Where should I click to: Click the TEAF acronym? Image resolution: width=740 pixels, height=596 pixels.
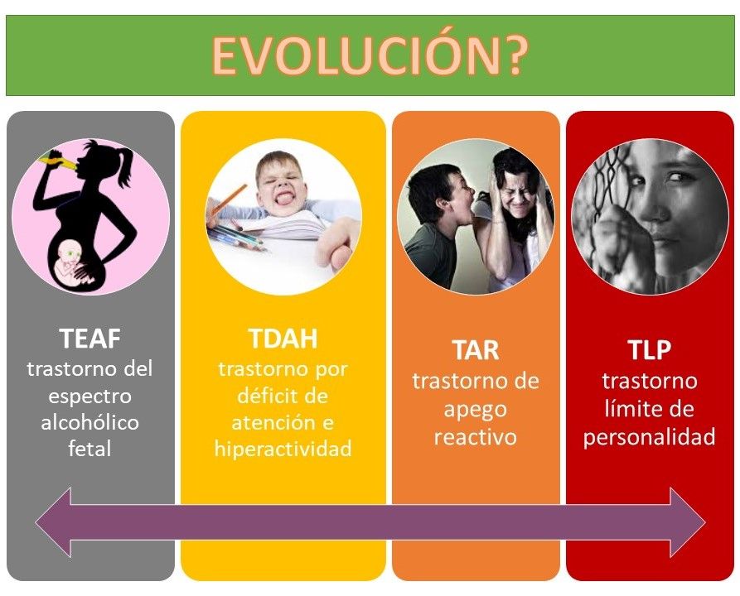pyautogui.click(x=89, y=339)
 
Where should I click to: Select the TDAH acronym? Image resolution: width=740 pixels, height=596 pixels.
pyautogui.click(x=283, y=339)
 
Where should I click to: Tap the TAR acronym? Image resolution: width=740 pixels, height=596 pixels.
pyautogui.click(x=476, y=350)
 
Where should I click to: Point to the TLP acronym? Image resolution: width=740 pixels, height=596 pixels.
pyautogui.click(x=650, y=350)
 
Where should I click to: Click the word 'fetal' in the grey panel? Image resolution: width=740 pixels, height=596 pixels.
pyautogui.click(x=89, y=449)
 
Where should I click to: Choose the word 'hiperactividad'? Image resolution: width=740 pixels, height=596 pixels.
pyautogui.click(x=283, y=449)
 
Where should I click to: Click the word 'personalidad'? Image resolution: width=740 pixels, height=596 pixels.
pyautogui.click(x=650, y=437)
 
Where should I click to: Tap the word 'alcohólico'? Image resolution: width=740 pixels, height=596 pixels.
pyautogui.click(x=89, y=422)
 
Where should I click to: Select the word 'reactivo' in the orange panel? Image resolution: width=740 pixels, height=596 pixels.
pyautogui.click(x=476, y=437)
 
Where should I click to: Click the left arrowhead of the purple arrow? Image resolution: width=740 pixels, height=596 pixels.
pyautogui.click(x=53, y=522)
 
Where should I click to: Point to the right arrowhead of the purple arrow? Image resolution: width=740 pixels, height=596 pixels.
pyautogui.click(x=688, y=522)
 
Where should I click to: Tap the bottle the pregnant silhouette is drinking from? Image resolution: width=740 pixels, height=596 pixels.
pyautogui.click(x=59, y=161)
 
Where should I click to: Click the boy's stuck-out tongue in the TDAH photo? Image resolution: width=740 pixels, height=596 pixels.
pyautogui.click(x=284, y=199)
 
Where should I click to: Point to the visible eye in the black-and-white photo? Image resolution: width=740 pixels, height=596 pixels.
pyautogui.click(x=676, y=178)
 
